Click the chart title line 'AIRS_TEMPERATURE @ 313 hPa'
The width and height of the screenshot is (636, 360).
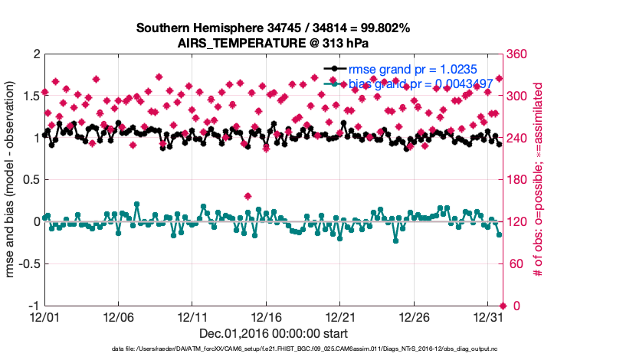pyautogui.click(x=273, y=43)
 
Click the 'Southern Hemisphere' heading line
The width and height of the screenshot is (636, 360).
pyautogui.click(x=273, y=28)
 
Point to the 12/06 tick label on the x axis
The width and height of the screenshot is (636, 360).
pyautogui.click(x=118, y=316)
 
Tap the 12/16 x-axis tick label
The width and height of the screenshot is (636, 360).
pyautogui.click(x=266, y=316)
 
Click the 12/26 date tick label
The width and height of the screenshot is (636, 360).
pyautogui.click(x=414, y=316)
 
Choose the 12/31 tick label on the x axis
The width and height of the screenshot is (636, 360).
pyautogui.click(x=488, y=316)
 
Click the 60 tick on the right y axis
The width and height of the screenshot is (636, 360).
pyautogui.click(x=515, y=264)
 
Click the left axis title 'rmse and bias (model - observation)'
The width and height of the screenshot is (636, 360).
pyautogui.click(x=11, y=179)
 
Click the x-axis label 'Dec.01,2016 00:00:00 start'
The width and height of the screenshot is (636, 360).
pyautogui.click(x=273, y=333)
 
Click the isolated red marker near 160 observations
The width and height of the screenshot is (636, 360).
pyautogui.click(x=248, y=196)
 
